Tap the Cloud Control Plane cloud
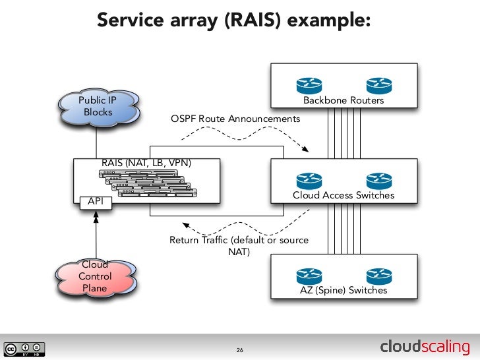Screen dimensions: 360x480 click(96, 276)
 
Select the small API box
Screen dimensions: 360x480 click(96, 202)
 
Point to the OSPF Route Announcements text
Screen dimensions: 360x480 click(235, 119)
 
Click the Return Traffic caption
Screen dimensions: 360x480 click(239, 245)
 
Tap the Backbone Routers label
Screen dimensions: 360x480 click(343, 101)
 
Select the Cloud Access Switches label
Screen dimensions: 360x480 click(343, 195)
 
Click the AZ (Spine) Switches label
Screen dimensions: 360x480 click(343, 290)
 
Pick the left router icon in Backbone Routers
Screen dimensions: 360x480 click(307, 85)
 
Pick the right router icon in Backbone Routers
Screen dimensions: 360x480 click(379, 85)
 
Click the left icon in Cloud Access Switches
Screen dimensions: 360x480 click(307, 179)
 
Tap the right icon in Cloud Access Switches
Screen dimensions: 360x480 click(379, 179)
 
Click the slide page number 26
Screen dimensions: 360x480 click(240, 349)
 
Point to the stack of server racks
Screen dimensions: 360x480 click(149, 183)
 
